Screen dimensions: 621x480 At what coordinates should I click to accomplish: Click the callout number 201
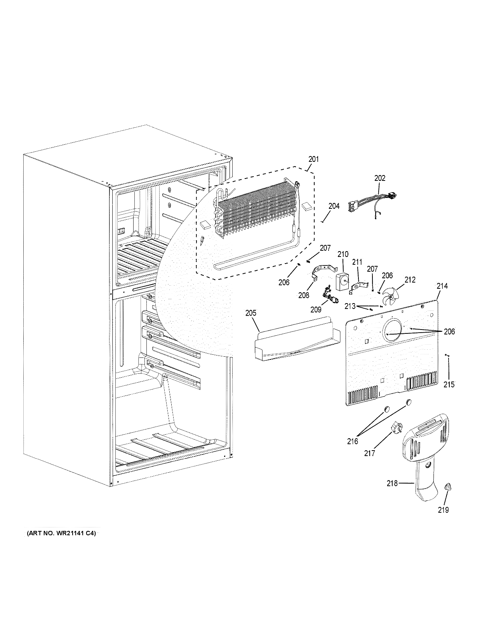(313, 159)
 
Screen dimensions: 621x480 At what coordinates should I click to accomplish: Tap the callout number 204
(334, 206)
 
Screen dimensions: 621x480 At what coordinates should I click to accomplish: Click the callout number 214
(442, 286)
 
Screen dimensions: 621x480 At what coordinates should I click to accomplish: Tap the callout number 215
(449, 385)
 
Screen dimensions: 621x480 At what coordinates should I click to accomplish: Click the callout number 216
(353, 441)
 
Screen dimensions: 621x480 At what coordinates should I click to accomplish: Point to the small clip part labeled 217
(395, 429)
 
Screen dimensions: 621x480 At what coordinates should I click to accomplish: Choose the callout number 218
(392, 483)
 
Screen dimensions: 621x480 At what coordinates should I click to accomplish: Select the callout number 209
(316, 309)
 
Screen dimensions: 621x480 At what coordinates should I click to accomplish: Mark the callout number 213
(350, 306)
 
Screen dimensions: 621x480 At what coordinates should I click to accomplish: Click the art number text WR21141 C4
(61, 534)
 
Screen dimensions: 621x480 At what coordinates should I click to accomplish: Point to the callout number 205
(251, 313)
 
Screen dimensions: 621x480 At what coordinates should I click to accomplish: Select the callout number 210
(343, 255)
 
